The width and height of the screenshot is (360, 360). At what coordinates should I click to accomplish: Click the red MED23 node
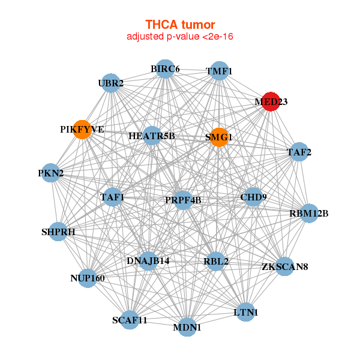pos(271,101)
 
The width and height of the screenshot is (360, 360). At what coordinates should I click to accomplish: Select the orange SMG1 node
pos(220,137)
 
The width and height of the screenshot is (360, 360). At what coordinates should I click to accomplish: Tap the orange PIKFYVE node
pos(82,130)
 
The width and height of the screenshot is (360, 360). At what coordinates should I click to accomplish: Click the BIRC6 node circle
pos(165,69)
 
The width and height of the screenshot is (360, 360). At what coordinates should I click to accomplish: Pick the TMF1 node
pos(219,71)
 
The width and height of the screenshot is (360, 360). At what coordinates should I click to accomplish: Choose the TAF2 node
pos(298,152)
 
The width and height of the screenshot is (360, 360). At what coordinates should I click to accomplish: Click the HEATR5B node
pos(152,136)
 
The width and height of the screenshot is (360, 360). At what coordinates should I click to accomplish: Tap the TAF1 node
pos(112,197)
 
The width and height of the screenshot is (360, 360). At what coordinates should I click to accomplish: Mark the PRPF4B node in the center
pos(182,200)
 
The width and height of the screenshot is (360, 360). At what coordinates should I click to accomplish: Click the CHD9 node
pos(253,196)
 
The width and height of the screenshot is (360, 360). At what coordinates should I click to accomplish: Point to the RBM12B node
pos(308,213)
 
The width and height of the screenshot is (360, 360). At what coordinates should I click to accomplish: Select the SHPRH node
pos(58,232)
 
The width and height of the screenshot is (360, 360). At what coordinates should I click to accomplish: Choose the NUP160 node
pos(88,278)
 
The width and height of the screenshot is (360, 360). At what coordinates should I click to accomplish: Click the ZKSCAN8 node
pos(284,266)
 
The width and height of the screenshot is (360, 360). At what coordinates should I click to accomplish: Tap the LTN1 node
pos(245,312)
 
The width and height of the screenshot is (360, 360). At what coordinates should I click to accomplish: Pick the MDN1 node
pos(187,327)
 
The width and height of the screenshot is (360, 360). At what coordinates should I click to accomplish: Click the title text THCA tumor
pos(180,25)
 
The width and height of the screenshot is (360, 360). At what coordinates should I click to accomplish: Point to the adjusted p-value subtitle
pos(180,37)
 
